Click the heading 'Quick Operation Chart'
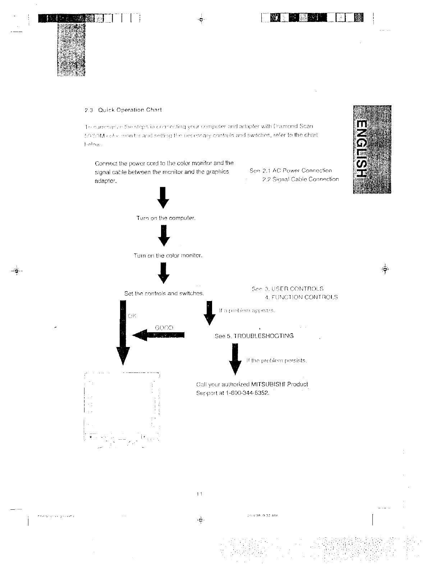(130, 110)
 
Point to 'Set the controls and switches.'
(164, 293)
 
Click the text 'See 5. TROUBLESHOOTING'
(254, 336)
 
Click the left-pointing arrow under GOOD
(159, 335)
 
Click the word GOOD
(164, 328)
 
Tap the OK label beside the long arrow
(132, 316)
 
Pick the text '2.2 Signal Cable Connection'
(301, 179)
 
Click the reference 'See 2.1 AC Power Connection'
(290, 171)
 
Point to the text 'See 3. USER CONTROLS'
(288, 289)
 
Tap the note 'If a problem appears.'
(247, 310)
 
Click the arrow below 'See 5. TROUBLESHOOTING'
(235, 359)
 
